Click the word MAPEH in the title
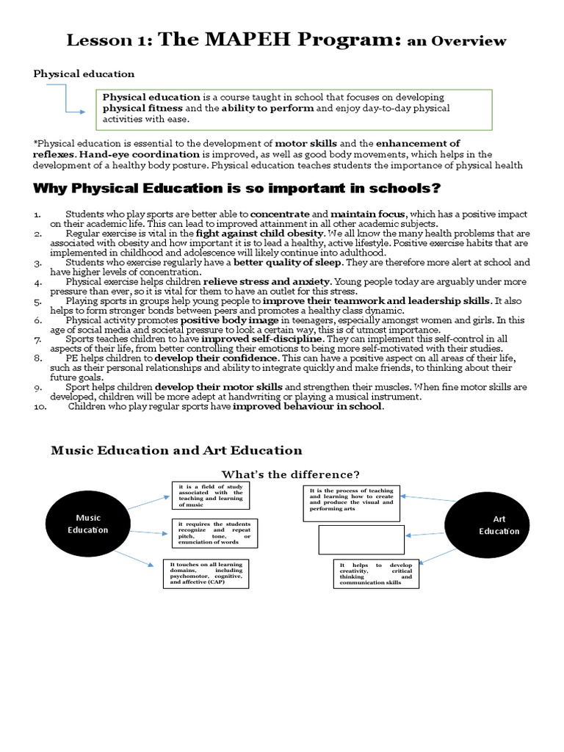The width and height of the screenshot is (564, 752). (x=253, y=40)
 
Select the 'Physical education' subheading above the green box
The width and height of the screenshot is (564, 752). (x=84, y=73)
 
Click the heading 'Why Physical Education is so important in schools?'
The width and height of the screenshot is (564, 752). (x=237, y=189)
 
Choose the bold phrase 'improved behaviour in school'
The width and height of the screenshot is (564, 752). (x=308, y=406)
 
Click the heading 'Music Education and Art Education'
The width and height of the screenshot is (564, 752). (x=176, y=450)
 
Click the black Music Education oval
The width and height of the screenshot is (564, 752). (x=88, y=524)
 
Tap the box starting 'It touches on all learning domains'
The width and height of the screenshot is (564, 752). (x=206, y=574)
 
